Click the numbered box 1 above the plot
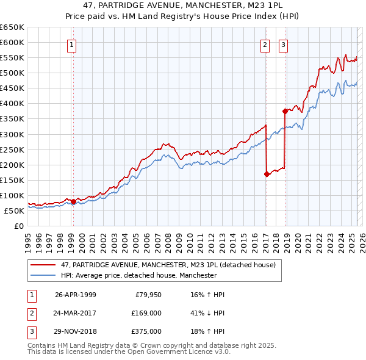72,44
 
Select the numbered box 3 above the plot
284,44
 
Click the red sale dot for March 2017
267,174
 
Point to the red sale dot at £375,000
285,111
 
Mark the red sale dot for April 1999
74,201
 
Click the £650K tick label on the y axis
12,27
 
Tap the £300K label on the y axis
12,134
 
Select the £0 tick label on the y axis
18,226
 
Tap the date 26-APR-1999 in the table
76,295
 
